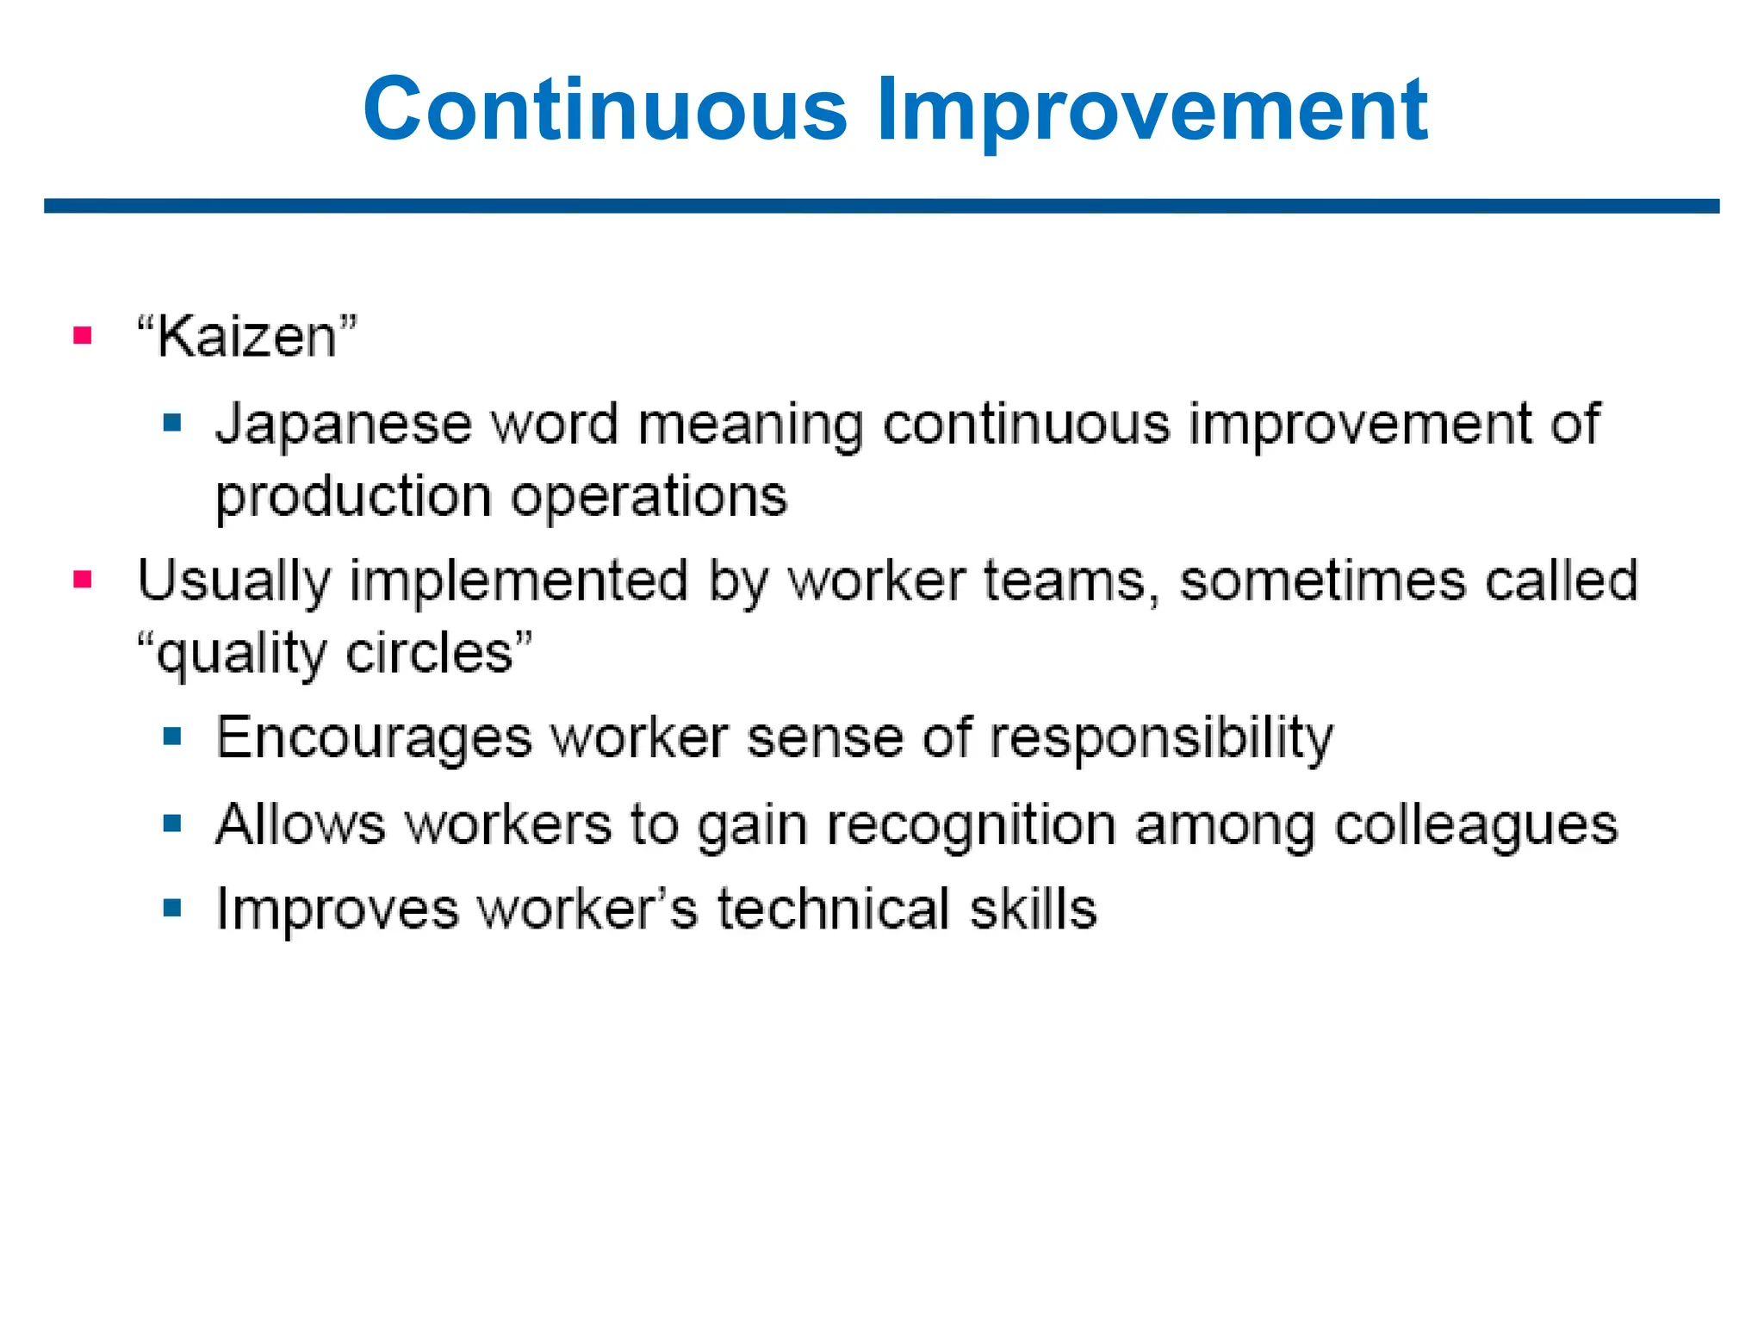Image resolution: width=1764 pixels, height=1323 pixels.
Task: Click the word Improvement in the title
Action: point(1152,109)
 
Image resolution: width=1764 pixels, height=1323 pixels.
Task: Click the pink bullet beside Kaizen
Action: point(83,335)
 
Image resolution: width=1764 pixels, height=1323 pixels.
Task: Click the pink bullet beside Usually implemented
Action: point(83,579)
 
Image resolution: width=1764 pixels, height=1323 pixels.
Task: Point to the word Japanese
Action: point(344,425)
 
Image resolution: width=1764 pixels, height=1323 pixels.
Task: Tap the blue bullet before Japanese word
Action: point(172,423)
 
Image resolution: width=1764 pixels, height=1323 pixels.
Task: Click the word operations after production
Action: point(649,497)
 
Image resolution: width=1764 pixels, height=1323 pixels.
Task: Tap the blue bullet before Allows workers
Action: point(172,824)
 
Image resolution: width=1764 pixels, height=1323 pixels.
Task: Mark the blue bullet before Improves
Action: point(172,908)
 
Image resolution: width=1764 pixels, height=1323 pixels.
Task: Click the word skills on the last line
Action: point(1033,910)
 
